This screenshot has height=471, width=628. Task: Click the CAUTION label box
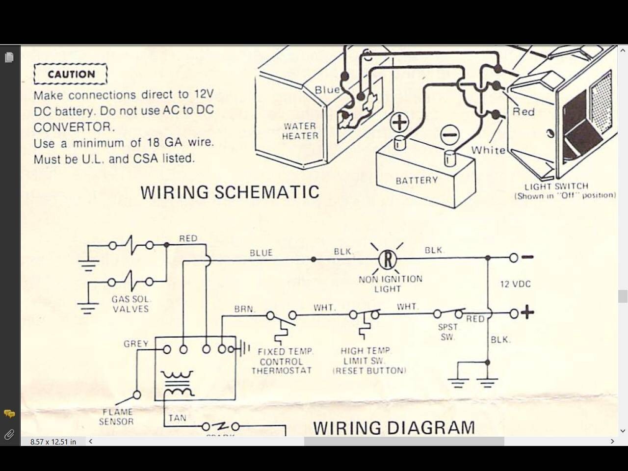(71, 74)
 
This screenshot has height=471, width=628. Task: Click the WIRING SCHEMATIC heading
(230, 192)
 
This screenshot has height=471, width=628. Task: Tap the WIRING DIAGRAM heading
(393, 427)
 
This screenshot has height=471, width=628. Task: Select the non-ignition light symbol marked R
(388, 259)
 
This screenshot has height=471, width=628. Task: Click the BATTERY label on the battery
(417, 180)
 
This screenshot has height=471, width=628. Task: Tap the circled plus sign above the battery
(399, 122)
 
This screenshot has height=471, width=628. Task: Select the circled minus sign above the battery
(449, 134)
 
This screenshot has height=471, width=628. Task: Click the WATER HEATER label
(300, 131)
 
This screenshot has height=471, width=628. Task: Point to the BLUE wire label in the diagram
(261, 253)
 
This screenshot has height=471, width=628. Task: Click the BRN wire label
(244, 309)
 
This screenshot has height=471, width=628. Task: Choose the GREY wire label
(136, 344)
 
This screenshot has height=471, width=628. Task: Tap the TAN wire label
(177, 418)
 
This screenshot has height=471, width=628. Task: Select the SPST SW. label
(447, 332)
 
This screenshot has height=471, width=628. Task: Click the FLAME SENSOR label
(117, 417)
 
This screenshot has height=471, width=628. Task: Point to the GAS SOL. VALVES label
(131, 304)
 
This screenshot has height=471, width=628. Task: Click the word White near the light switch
(488, 150)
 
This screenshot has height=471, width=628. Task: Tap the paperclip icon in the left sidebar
(9, 435)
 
